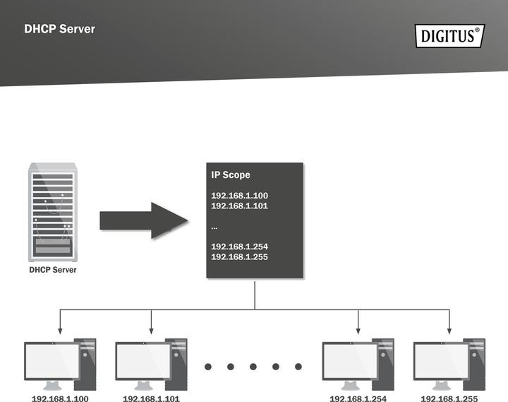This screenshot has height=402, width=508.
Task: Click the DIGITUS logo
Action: click(449, 35)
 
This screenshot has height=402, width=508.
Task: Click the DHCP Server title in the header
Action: click(59, 30)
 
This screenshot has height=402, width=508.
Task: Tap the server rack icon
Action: click(53, 213)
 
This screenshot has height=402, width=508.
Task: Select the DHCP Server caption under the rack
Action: click(53, 270)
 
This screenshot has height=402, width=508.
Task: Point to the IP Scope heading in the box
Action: click(231, 175)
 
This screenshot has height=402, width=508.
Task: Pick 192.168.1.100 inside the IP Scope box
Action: click(240, 195)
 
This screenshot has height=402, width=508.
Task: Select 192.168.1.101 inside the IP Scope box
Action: click(240, 206)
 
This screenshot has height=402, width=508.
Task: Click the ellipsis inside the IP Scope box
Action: click(214, 227)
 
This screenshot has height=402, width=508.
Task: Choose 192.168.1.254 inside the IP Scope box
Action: click(240, 247)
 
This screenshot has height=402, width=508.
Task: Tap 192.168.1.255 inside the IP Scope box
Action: click(240, 256)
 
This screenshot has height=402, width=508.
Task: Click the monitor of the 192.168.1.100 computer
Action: click(52, 361)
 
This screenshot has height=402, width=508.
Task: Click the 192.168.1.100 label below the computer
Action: click(61, 398)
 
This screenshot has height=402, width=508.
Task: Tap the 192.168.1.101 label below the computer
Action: click(152, 398)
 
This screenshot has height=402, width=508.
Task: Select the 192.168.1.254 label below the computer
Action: click(358, 398)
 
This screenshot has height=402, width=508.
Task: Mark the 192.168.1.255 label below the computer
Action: click(449, 398)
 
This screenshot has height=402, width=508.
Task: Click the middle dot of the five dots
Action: click(253, 367)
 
